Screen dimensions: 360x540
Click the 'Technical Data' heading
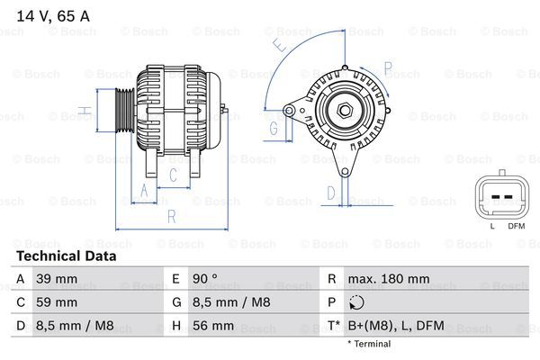66,256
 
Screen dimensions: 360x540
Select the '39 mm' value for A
56,279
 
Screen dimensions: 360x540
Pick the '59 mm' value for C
56,302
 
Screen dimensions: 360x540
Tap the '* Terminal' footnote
369,344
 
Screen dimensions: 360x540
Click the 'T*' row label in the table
333,326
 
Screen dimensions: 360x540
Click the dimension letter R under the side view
171,216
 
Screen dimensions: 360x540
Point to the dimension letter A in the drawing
143,190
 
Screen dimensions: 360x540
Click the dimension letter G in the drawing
274,128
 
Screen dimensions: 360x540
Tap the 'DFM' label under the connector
516,226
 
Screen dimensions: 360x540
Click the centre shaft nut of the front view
344,111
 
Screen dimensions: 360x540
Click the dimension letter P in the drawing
388,67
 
